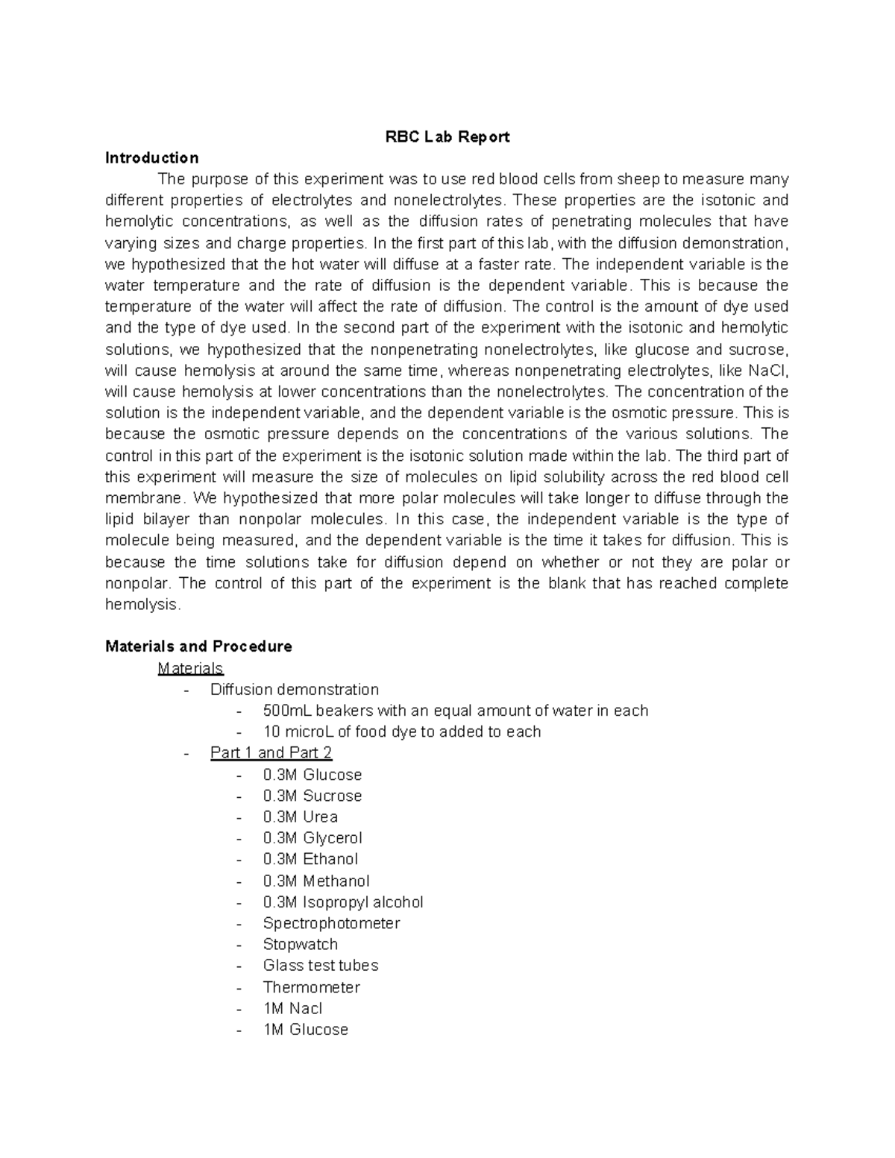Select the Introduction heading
(x=152, y=158)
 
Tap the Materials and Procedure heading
(x=198, y=646)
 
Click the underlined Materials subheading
(x=190, y=668)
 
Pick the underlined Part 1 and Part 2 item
(x=271, y=753)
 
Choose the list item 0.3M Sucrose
(x=312, y=796)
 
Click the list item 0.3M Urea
(x=300, y=817)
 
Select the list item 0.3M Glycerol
(x=312, y=838)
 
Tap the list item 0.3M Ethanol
(x=310, y=860)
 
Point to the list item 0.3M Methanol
(x=315, y=881)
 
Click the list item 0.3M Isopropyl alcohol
(x=342, y=902)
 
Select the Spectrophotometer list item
(x=331, y=923)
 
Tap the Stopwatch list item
(x=300, y=945)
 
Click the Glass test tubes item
(x=320, y=966)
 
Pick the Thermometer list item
(x=311, y=987)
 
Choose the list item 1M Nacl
(x=292, y=1009)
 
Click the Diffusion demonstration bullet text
(x=294, y=690)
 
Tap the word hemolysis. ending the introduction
(x=142, y=605)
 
